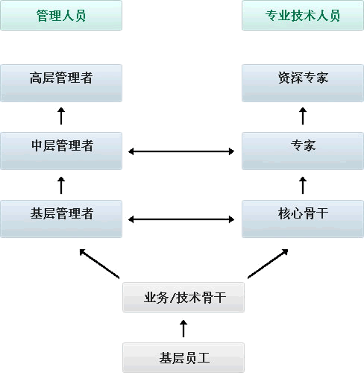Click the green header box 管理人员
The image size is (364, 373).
[x=61, y=16]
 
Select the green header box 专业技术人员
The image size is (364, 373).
[x=303, y=16]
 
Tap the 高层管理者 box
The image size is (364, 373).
[x=61, y=83]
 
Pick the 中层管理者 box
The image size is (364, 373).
[x=61, y=151]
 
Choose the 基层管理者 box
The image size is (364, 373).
[x=61, y=219]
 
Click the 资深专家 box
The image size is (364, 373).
[x=303, y=83]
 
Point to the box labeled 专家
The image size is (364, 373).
[x=303, y=151]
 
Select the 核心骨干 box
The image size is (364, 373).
[x=303, y=219]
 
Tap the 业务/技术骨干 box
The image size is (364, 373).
[x=183, y=297]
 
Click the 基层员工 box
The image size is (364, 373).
[x=183, y=357]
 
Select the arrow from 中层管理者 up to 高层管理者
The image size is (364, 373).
[x=61, y=116]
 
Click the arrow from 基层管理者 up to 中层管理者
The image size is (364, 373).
[x=61, y=185]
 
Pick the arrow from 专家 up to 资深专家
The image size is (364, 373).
[x=303, y=116]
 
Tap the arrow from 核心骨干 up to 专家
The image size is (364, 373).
[x=303, y=185]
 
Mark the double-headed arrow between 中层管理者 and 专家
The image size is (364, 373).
[x=181, y=151]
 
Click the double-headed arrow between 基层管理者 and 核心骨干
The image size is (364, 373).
[x=181, y=219]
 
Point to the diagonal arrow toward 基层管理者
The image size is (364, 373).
[x=99, y=263]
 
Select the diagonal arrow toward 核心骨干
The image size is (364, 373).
[x=268, y=263]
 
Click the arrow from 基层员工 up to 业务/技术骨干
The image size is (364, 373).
[x=183, y=328]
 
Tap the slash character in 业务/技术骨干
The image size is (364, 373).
[x=172, y=298]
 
